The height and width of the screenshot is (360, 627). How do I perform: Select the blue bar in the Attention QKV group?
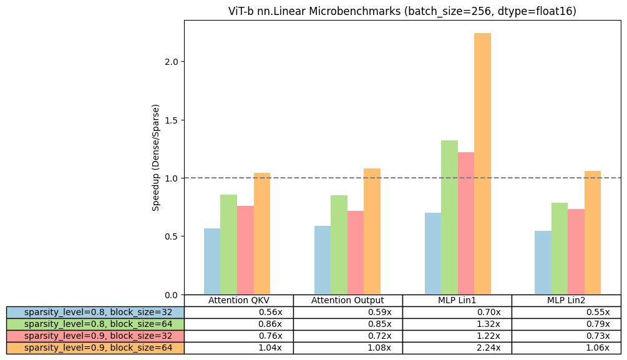pyautogui.click(x=212, y=261)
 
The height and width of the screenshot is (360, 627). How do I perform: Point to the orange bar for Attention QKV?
pyautogui.click(x=262, y=233)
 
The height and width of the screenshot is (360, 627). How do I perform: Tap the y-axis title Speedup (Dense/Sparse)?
pyautogui.click(x=156, y=157)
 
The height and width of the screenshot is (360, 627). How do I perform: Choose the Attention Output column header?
pyautogui.click(x=348, y=300)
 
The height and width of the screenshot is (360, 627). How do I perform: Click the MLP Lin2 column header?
pyautogui.click(x=566, y=300)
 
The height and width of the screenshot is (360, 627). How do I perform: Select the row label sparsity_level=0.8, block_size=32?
pyautogui.click(x=95, y=312)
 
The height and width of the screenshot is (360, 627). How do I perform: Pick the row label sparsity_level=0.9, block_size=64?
pyautogui.click(x=95, y=348)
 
